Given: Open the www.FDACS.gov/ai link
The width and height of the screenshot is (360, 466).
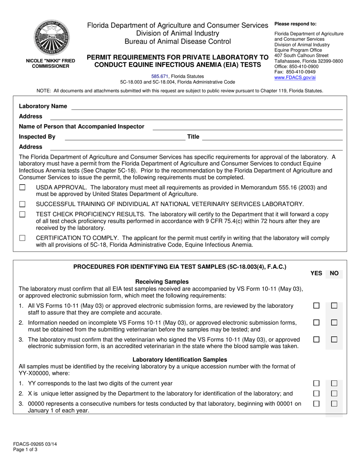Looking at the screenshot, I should pos(294,77).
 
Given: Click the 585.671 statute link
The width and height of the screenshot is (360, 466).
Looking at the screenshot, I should pos(160,76).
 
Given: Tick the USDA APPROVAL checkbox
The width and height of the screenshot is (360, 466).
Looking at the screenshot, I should pos(22,188).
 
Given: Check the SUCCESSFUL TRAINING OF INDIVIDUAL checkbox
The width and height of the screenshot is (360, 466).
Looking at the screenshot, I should pos(22,204).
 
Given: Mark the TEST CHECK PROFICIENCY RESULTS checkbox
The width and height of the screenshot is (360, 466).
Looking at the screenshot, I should pos(22,214).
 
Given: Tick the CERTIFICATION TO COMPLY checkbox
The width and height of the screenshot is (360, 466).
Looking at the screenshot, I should pos(22,238).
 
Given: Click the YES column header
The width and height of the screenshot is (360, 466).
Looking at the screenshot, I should pos(316,273).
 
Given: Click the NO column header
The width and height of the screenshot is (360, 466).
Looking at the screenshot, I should pos(334,273).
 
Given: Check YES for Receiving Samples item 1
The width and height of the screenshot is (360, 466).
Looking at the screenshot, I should pos(316,306).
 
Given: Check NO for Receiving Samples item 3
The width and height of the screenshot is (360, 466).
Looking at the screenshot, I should pos(334,339).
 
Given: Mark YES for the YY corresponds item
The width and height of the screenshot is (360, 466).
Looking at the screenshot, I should pos(316,383).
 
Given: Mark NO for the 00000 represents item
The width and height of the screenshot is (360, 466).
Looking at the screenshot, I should pos(334,404).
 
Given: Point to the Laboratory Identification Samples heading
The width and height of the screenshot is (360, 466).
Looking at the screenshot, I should pos(180,360).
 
